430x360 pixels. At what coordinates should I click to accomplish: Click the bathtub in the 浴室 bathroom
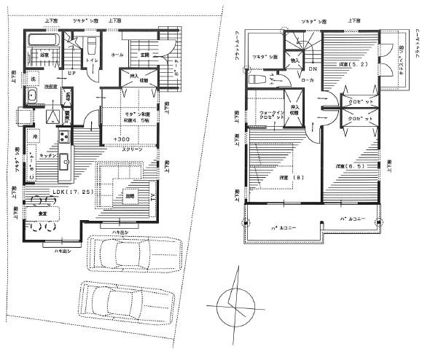(43, 40)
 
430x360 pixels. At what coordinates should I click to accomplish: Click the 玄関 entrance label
(143, 55)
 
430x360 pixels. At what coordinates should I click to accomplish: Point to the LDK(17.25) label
(52, 192)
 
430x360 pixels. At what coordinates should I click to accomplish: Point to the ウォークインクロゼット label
(270, 117)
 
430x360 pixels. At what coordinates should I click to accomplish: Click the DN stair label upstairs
(313, 69)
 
